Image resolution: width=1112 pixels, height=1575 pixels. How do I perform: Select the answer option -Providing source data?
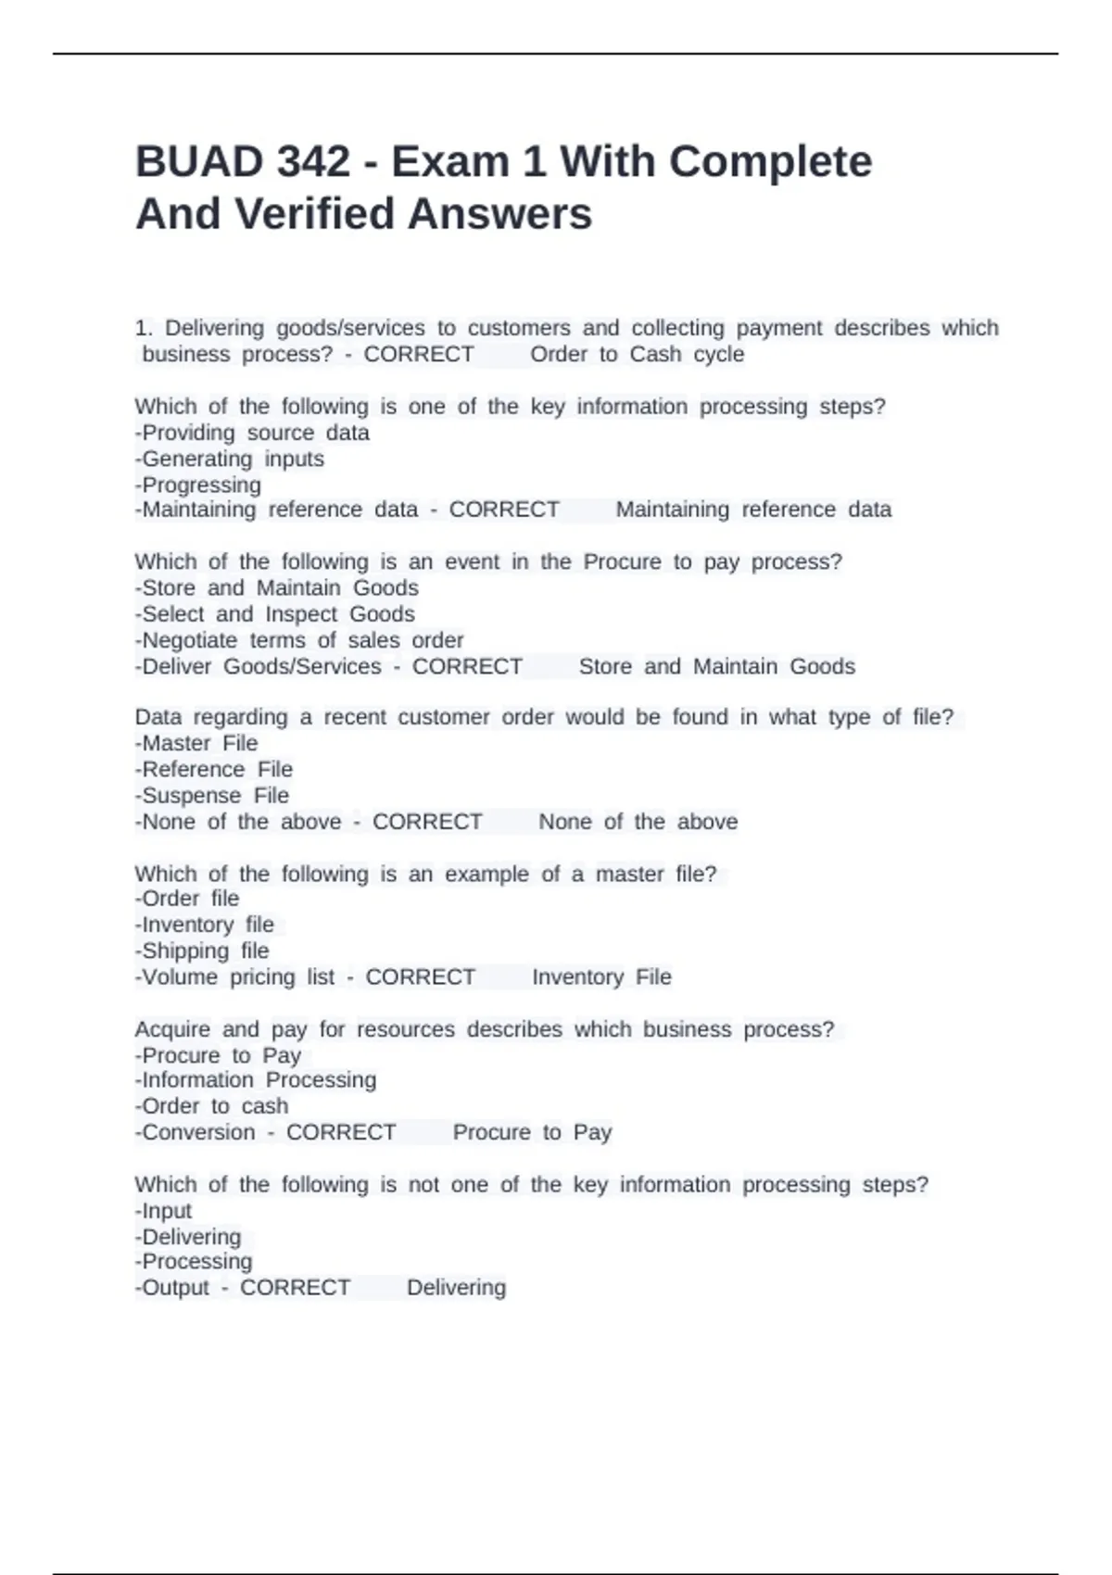click(252, 433)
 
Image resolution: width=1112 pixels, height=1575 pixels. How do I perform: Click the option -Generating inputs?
click(230, 459)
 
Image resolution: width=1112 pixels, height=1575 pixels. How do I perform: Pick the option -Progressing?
click(198, 485)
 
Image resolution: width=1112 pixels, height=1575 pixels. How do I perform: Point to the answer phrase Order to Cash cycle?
click(637, 354)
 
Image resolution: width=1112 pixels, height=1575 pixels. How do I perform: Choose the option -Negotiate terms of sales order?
click(299, 640)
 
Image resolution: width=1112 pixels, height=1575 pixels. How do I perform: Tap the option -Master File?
click(196, 743)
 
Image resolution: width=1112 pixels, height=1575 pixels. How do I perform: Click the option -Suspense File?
click(212, 795)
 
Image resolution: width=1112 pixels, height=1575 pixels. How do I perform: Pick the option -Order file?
click(187, 898)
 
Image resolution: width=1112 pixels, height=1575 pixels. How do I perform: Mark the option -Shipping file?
click(202, 951)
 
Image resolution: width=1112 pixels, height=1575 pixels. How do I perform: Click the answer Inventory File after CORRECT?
click(601, 976)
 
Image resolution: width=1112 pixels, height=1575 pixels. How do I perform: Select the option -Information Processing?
click(256, 1079)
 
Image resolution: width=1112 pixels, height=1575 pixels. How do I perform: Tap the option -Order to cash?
click(212, 1105)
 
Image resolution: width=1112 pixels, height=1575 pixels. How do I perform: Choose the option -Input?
click(164, 1210)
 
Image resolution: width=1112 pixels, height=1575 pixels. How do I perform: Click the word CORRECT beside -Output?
click(295, 1287)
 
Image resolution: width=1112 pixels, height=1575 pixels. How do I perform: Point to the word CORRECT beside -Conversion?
click(341, 1132)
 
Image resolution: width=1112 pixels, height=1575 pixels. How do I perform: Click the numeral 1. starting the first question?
click(144, 328)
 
